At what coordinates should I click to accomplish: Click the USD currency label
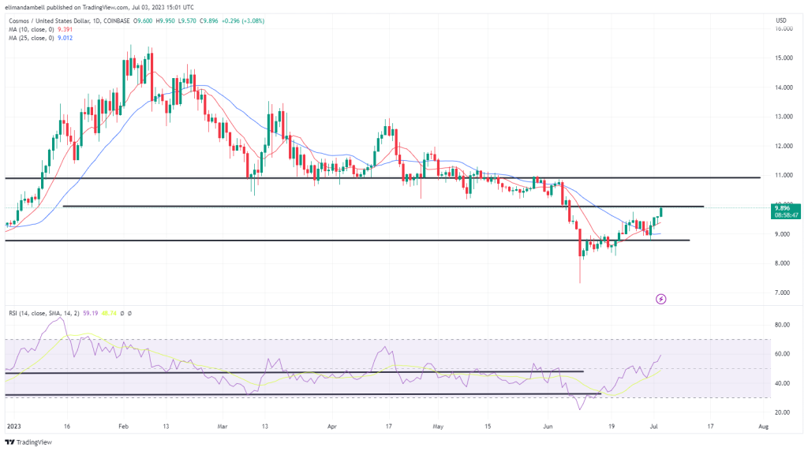pyautogui.click(x=782, y=20)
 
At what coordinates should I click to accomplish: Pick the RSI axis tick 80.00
pyautogui.click(x=782, y=324)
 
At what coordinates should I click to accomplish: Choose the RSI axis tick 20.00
pyautogui.click(x=782, y=412)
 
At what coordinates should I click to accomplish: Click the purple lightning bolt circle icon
pyautogui.click(x=661, y=299)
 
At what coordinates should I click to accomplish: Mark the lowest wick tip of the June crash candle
pyautogui.click(x=580, y=283)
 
